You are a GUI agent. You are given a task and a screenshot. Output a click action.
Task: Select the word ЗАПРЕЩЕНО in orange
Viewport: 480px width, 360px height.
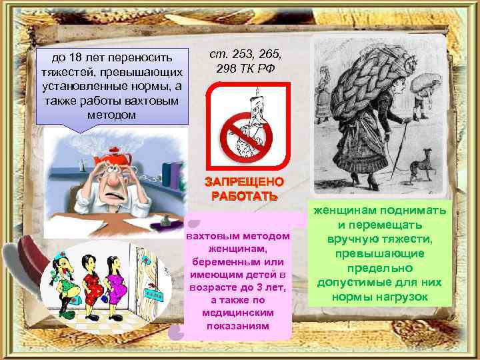[244, 182]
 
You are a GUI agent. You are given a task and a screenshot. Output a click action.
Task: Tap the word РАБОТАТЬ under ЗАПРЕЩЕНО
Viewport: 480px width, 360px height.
[244, 196]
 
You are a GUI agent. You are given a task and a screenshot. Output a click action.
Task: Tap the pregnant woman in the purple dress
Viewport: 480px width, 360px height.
[117, 280]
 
